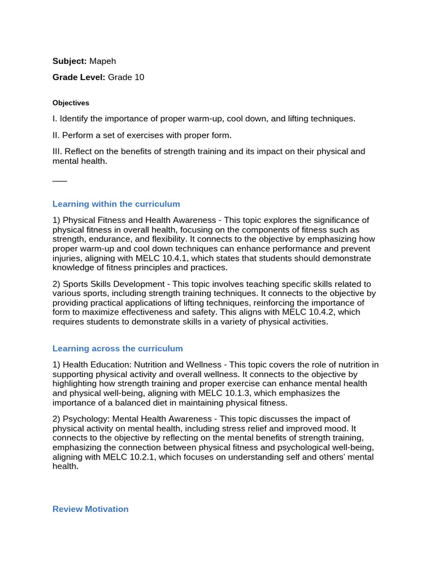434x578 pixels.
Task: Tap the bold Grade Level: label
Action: tap(79, 77)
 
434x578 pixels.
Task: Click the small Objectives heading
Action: tap(71, 103)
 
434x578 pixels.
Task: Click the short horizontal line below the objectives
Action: tap(59, 181)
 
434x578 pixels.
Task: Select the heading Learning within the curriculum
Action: tap(116, 204)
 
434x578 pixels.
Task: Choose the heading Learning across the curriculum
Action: tap(118, 348)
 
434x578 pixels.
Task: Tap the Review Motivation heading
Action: tap(90, 509)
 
